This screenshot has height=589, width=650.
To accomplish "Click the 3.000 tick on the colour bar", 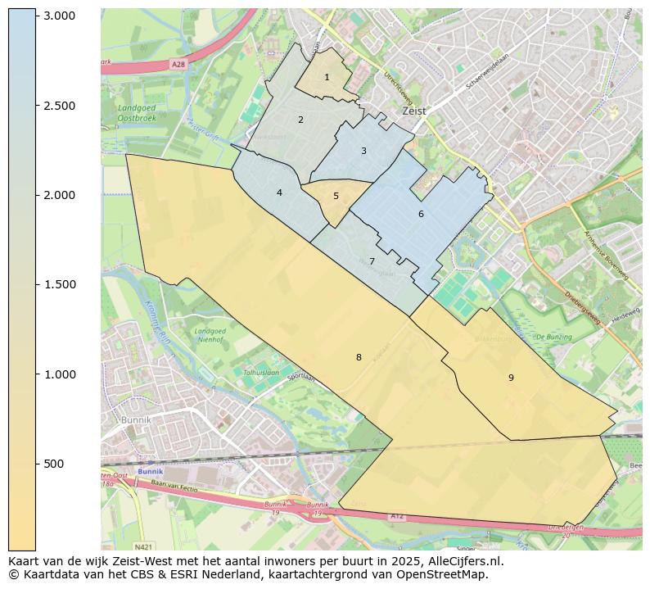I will click(x=59, y=16).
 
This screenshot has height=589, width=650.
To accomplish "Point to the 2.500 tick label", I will click(x=59, y=106).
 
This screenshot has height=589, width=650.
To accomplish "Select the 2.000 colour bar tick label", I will click(x=59, y=195).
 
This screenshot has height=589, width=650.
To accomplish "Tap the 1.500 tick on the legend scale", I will click(x=59, y=285).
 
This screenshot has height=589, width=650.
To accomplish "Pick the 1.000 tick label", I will click(x=59, y=374).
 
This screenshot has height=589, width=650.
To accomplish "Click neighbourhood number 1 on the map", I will click(x=327, y=78).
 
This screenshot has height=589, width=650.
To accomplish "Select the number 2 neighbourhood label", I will click(x=300, y=120).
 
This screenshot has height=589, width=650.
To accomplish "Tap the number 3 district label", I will click(x=363, y=152).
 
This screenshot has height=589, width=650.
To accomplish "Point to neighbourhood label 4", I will click(x=279, y=193).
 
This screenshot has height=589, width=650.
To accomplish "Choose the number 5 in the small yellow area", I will click(x=336, y=197).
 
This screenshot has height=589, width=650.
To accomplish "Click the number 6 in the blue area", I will click(x=421, y=215).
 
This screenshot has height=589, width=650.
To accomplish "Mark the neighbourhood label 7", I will click(x=372, y=262).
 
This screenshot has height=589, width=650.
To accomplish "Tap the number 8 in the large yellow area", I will click(x=359, y=358).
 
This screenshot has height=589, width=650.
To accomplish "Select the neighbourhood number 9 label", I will click(x=511, y=378).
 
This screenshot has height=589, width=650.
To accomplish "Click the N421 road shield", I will click(x=144, y=546).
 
